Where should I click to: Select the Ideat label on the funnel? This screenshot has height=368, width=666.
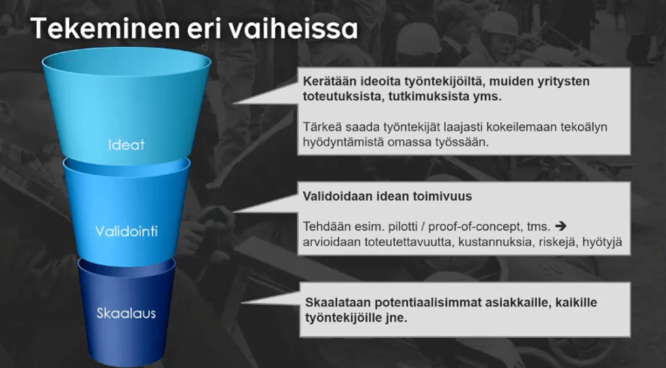pyautogui.click(x=126, y=145)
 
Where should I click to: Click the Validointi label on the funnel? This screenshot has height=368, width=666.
pyautogui.click(x=126, y=231)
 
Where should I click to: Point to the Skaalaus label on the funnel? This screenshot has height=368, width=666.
pyautogui.click(x=126, y=313)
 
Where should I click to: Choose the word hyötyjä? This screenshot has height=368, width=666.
pyautogui.click(x=602, y=242)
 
